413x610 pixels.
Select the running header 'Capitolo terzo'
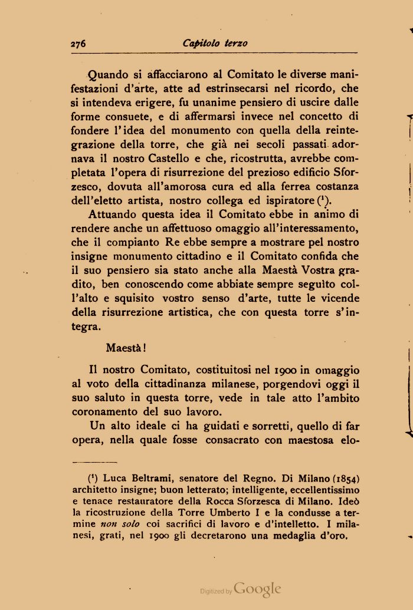point(215,43)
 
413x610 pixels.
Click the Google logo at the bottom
point(257,589)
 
